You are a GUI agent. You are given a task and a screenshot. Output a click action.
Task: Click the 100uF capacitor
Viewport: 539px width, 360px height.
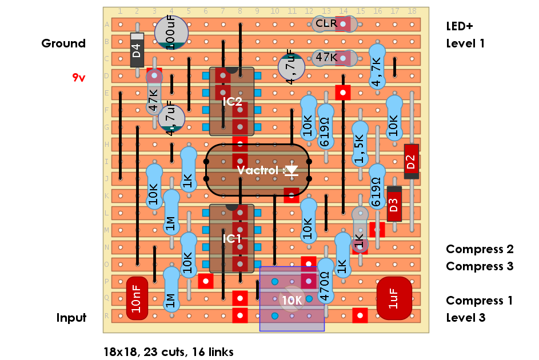[171, 32]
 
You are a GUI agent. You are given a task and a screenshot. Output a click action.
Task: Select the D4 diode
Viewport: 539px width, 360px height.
[137, 50]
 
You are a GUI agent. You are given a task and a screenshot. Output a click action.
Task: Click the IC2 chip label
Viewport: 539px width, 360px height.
[232, 102]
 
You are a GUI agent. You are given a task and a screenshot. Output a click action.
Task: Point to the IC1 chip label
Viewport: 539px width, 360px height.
[232, 238]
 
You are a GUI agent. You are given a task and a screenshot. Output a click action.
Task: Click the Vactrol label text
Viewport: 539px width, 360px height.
[258, 170]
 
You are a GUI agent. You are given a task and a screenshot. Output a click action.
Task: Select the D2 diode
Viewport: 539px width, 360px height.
[411, 162]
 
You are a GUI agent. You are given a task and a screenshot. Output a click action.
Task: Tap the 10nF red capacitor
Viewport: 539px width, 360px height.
[137, 299]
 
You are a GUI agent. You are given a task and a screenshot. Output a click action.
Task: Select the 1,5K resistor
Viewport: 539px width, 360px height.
[360, 149]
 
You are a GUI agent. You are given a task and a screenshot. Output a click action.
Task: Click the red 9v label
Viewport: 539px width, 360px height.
[79, 78]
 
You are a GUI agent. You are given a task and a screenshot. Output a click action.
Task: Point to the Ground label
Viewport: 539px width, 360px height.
[63, 43]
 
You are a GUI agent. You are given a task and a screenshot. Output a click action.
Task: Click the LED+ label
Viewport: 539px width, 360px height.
[460, 26]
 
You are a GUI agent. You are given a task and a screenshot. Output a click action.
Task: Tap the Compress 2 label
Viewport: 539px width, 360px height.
[480, 249]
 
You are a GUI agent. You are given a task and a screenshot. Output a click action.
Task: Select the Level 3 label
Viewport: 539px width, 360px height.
[465, 318]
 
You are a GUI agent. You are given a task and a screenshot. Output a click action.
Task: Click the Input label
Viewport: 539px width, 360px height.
[71, 318]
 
